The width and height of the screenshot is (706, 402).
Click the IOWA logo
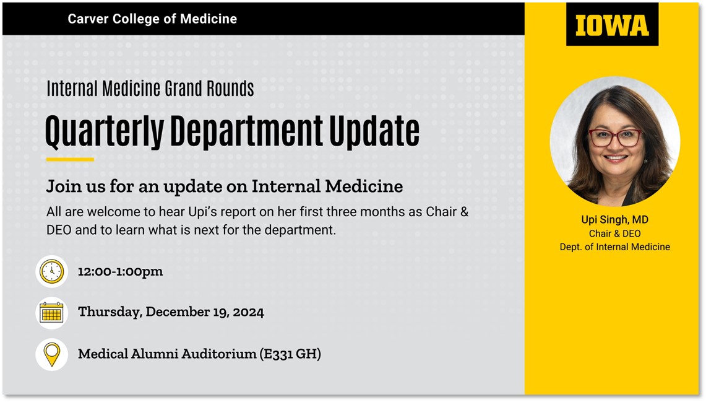612,24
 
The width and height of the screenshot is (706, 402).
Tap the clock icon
52,272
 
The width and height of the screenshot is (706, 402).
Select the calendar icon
52,312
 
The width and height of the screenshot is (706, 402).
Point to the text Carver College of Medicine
152,19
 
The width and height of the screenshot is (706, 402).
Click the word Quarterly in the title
105,131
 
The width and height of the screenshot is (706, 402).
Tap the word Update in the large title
374,131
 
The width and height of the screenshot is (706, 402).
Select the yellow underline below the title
70,159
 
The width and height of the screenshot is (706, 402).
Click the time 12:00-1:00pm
120,272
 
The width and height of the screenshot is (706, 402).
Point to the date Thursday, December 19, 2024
171,312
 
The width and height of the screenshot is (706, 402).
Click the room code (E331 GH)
290,354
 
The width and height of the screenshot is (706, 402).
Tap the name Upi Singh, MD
614,220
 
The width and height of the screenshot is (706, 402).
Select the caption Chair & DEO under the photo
614,234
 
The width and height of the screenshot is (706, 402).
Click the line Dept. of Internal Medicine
614,247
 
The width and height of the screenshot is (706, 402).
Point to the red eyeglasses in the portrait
616,138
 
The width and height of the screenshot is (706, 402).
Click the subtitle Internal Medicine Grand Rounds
150,89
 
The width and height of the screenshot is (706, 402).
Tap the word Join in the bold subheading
61,186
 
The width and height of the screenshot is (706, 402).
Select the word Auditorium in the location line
216,354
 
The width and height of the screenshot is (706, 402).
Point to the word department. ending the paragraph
300,231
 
